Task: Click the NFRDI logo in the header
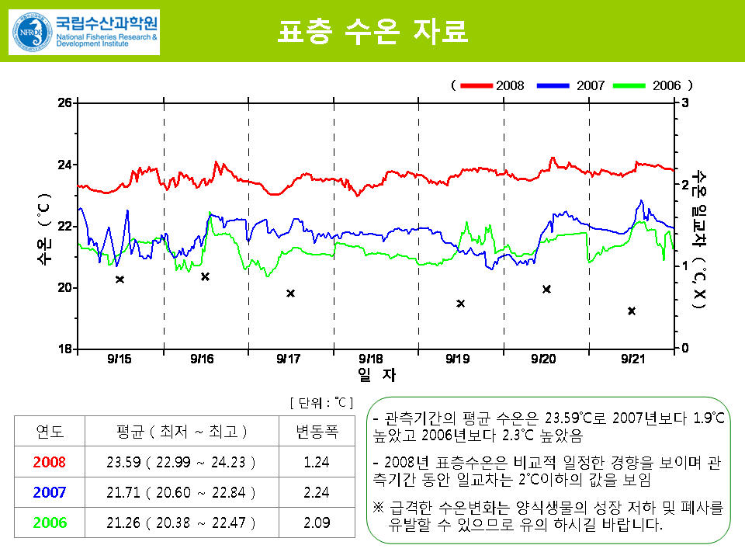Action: click(x=84, y=32)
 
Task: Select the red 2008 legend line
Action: click(x=476, y=85)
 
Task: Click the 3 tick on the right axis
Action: click(x=684, y=102)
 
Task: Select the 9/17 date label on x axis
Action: click(x=288, y=359)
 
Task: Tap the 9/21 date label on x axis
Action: click(x=633, y=359)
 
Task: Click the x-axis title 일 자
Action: click(x=376, y=375)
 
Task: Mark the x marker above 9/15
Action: click(x=120, y=279)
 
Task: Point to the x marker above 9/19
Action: click(x=460, y=304)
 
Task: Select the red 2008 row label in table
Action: click(x=50, y=462)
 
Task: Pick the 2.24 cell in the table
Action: click(x=317, y=492)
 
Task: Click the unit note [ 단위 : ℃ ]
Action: click(x=321, y=402)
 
